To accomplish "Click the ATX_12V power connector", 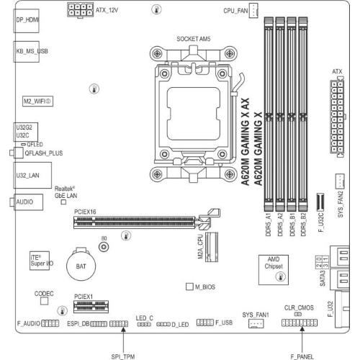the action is tap(80, 10).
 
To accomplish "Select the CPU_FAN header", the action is tap(253, 10).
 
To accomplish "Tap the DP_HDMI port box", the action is tap(26, 21).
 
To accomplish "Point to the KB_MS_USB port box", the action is tap(26, 52).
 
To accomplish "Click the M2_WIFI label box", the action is tap(37, 102).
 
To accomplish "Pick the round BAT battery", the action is tap(81, 266).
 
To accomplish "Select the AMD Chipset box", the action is tap(274, 270).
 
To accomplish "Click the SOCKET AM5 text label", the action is tap(194, 39).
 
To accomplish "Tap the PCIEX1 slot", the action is tap(91, 307).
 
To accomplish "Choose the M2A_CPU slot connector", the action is tap(212, 247).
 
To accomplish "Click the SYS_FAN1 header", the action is tap(256, 323).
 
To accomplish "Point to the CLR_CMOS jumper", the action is tap(298, 314).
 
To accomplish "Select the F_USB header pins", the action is tap(205, 323).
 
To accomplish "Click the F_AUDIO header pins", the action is tap(50, 323).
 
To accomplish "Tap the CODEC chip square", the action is tap(44, 301).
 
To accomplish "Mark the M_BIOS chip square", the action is tap(189, 287).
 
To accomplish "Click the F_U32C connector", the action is tap(320, 201).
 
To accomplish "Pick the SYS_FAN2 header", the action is tap(340, 181).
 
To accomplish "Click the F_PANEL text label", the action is tap(302, 357).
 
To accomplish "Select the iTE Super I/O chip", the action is tap(40, 261).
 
